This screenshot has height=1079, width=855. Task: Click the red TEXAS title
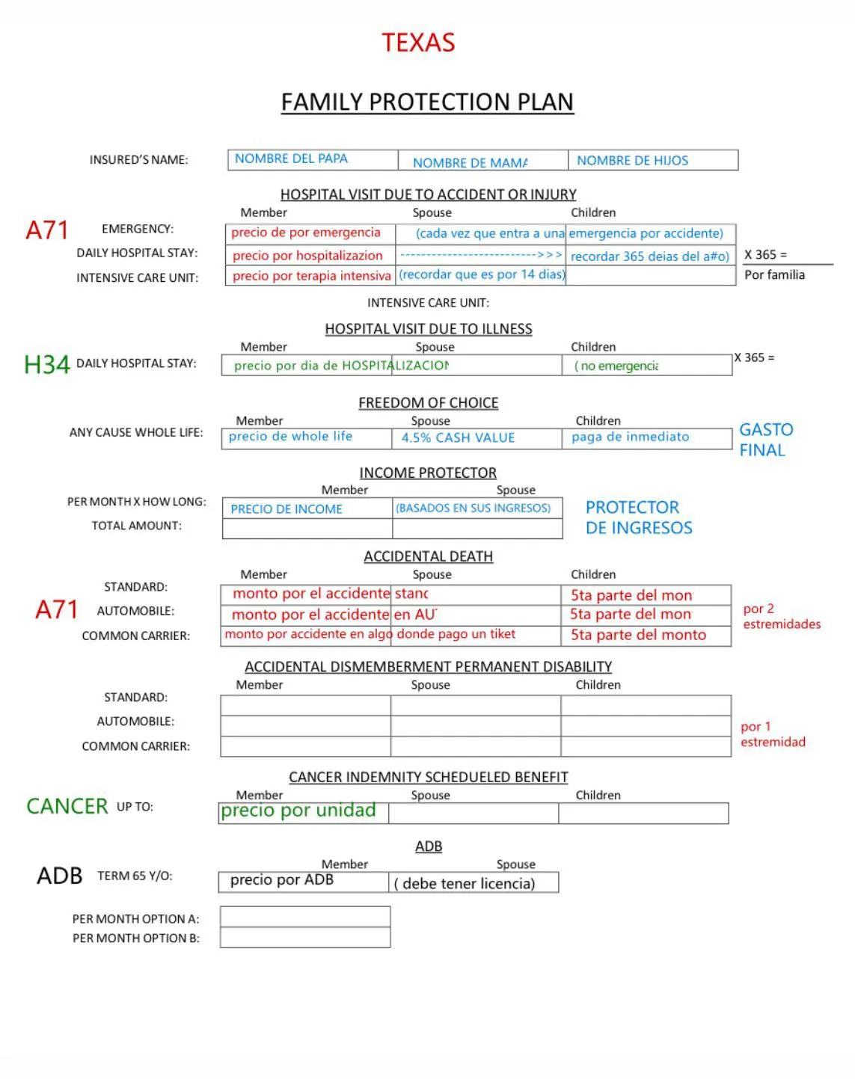418,43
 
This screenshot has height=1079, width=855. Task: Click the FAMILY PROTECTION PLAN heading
427,102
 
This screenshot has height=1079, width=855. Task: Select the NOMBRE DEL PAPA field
313,159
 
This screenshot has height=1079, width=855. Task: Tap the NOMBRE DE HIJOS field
652,160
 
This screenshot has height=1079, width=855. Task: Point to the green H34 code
46,364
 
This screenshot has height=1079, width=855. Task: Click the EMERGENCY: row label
138,229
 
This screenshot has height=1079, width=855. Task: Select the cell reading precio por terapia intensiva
310,276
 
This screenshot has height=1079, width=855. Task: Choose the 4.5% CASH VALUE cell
476,438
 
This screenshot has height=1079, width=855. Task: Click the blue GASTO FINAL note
765,440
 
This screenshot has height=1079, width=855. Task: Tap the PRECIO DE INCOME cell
307,508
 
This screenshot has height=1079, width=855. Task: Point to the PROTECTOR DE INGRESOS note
638,517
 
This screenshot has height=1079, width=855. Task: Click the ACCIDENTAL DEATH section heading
428,556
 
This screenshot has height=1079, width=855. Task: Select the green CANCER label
67,806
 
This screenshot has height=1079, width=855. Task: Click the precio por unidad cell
303,812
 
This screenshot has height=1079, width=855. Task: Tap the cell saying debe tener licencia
473,883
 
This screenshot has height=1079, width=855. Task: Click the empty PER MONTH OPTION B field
305,938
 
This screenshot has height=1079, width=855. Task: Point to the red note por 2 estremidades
781,616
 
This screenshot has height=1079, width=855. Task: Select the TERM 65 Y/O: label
135,876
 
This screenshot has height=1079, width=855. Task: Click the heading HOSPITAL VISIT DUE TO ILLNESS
428,329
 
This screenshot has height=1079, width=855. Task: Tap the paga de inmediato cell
646,438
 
